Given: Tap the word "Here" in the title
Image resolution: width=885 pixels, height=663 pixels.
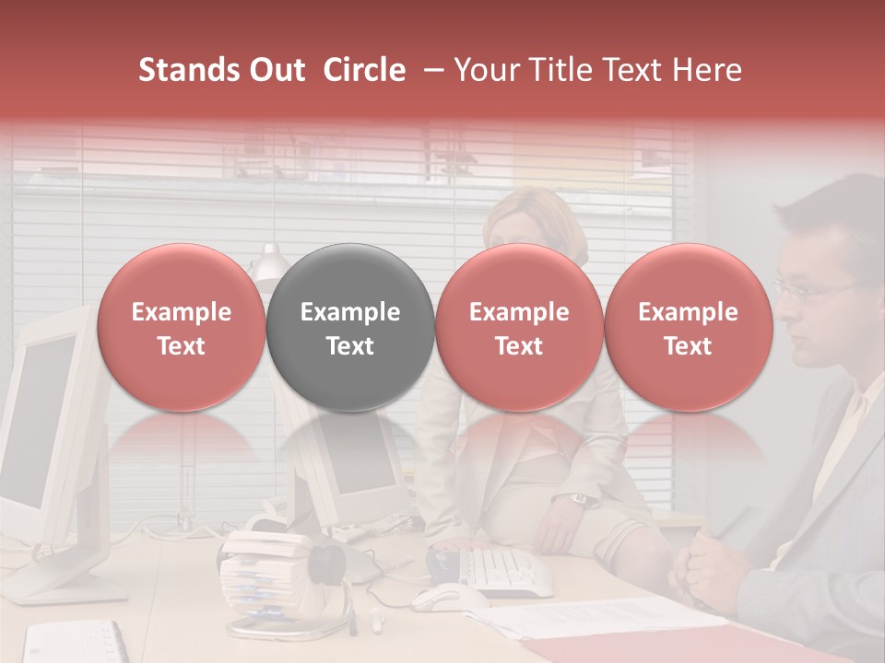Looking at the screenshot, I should pyautogui.click(x=708, y=70).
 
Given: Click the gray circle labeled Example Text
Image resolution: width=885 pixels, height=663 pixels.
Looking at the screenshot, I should pyautogui.click(x=349, y=328).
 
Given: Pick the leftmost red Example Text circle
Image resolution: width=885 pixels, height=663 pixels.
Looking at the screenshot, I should pyautogui.click(x=181, y=328).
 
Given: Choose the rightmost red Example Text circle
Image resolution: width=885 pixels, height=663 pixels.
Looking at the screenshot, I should pyautogui.click(x=688, y=328).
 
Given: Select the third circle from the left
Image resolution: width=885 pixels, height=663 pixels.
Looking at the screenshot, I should pyautogui.click(x=519, y=328).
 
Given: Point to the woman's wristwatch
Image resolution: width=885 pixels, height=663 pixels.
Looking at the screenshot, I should pyautogui.click(x=578, y=499).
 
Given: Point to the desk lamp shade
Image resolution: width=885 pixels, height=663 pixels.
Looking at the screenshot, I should pyautogui.click(x=268, y=267).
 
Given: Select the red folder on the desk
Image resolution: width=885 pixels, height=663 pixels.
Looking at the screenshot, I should pyautogui.click(x=645, y=645).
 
